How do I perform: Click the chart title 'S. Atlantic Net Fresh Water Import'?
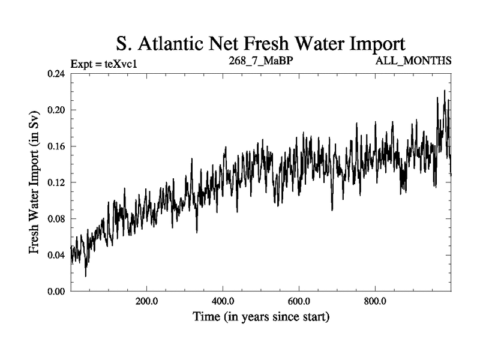point(260,44)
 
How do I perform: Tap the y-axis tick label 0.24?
point(56,74)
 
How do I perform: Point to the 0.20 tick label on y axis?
point(56,110)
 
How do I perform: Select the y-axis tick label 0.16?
point(56,146)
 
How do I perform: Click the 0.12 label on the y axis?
point(56,182)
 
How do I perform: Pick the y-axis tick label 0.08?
point(56,219)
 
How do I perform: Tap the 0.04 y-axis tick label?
point(56,255)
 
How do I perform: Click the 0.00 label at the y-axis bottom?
point(56,292)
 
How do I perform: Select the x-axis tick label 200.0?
point(146,301)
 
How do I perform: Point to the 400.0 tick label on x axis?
point(223,301)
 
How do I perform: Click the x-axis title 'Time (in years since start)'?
point(260,317)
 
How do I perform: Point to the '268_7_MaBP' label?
point(260,61)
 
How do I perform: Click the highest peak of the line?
point(445,91)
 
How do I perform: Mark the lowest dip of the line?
point(86,276)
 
